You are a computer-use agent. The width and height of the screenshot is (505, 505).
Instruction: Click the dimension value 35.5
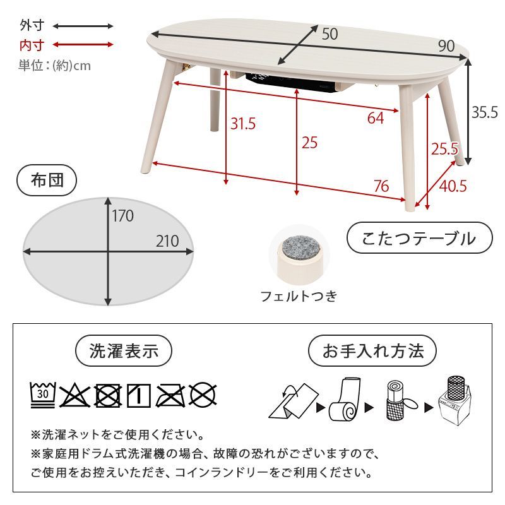click(x=485, y=112)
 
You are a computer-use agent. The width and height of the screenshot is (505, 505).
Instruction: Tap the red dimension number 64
click(x=375, y=118)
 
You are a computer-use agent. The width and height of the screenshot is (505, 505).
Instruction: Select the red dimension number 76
click(x=381, y=186)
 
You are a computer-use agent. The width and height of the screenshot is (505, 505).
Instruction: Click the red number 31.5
click(x=242, y=124)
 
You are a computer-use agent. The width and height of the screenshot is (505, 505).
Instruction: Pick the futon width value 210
click(x=167, y=241)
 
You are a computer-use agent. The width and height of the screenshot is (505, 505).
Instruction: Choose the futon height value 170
click(x=123, y=216)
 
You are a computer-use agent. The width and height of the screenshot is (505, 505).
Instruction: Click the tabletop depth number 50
click(x=330, y=34)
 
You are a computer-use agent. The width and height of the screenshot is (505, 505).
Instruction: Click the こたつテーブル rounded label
click(x=419, y=239)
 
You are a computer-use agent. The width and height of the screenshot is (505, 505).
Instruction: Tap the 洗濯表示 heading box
click(x=124, y=351)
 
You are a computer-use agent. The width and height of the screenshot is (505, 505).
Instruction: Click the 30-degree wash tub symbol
click(x=43, y=395)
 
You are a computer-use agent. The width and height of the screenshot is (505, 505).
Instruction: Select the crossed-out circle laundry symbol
click(x=203, y=395)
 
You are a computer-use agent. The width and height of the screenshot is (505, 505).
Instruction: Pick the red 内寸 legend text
click(x=32, y=45)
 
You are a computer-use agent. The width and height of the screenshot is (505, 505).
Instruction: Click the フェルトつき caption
click(x=299, y=295)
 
